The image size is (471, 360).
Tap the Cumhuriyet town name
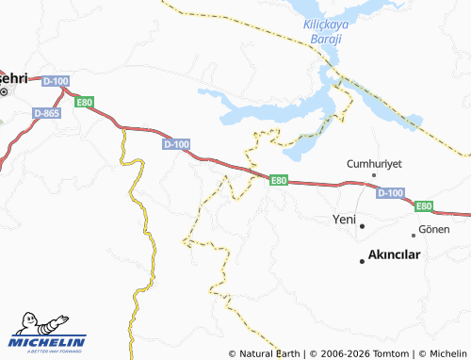pyautogui.click(x=374, y=163)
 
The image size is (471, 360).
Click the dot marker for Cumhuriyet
pyautogui.click(x=374, y=175)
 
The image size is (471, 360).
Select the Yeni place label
pyautogui.click(x=344, y=220)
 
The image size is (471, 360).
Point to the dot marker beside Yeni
pyautogui.click(x=362, y=225)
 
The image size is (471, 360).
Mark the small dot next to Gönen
pyautogui.click(x=413, y=234)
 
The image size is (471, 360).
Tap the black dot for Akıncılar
pyautogui.click(x=361, y=259)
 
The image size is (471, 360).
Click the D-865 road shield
pyautogui.click(x=46, y=112)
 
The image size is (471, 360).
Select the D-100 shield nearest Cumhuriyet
pyautogui.click(x=390, y=192)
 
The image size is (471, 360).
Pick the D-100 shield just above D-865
pyautogui.click(x=56, y=82)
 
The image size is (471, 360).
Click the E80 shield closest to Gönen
pyautogui.click(x=424, y=205)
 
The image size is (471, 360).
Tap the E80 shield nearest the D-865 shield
pyautogui.click(x=85, y=101)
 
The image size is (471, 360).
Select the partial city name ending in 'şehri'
pyautogui.click(x=13, y=77)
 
